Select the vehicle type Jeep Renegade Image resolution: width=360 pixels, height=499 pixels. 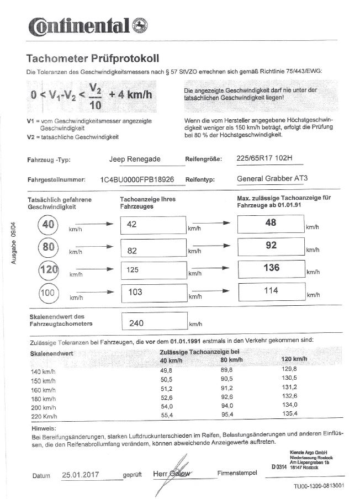(135, 159)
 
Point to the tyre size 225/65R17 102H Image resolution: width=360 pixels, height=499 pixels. (263, 159)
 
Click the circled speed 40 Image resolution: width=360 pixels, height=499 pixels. (48, 225)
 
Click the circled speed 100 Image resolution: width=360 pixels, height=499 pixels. (48, 292)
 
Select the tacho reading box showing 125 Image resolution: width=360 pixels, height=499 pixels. (152, 270)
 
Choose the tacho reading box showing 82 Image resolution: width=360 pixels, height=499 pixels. (152, 250)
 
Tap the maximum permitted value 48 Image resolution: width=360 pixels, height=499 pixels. (271, 223)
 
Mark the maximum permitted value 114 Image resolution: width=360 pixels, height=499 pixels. (271, 290)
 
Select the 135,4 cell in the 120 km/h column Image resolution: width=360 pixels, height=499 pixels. (289, 413)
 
